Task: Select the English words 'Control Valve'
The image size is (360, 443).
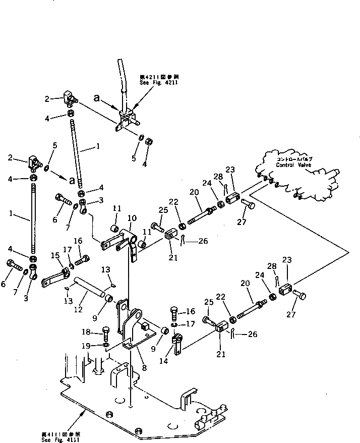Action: point(293,165)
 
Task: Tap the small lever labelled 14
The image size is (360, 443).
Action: point(177,345)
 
